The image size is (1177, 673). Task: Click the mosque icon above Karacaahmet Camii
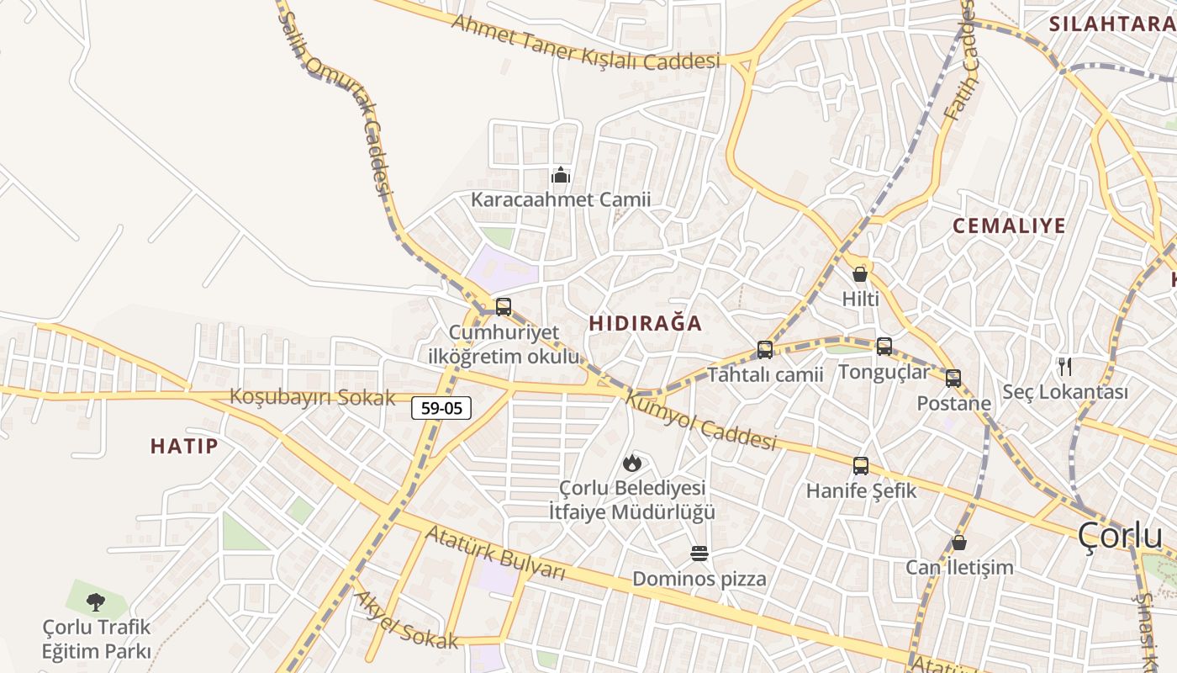coord(561,176)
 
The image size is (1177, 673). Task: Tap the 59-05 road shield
coord(441,409)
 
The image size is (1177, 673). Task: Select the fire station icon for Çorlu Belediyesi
coord(631,463)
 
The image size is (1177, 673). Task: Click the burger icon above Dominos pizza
coord(699,553)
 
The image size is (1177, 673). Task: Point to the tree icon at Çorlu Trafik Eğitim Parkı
coord(97,601)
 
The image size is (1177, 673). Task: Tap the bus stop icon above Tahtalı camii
coord(765,349)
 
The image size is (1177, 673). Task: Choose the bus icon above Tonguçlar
coord(884,346)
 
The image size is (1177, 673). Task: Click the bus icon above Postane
coord(953,379)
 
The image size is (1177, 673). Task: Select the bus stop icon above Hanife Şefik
coord(861,465)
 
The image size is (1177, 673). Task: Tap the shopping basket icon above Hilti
coord(860,273)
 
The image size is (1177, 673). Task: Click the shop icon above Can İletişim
coord(959,543)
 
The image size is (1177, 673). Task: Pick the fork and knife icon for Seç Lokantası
coord(1065,367)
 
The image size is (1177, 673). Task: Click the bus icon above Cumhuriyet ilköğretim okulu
coord(504,307)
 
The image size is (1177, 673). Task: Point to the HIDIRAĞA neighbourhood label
coord(646,324)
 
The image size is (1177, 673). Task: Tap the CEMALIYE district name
coord(1009,225)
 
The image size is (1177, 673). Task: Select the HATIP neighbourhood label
coord(184,446)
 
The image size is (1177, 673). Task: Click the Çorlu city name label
coord(1120,535)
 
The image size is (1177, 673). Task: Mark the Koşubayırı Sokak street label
coord(313,397)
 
